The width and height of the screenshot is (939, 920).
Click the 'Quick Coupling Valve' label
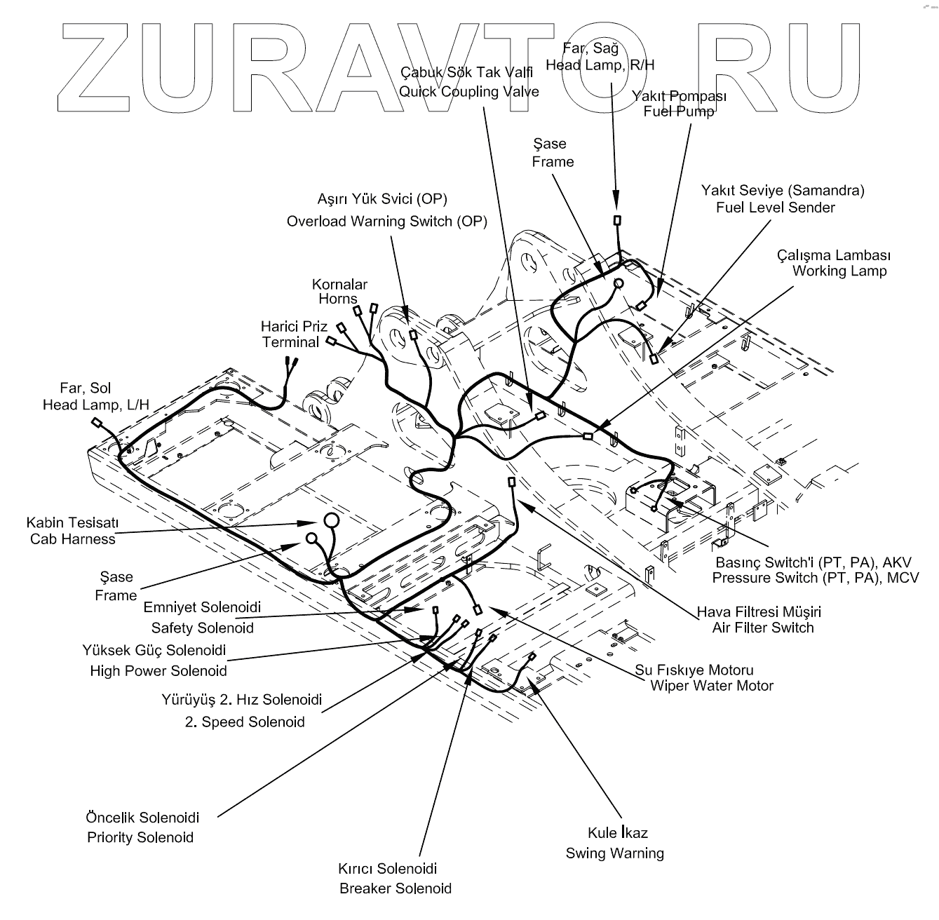[x=468, y=92]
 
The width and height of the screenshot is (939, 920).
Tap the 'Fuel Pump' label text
[x=679, y=111]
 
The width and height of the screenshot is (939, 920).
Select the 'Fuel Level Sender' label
[x=775, y=208]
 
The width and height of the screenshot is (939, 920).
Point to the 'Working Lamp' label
[x=839, y=271]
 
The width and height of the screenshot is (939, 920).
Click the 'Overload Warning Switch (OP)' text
[x=386, y=222]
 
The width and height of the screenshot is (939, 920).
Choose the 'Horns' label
[x=338, y=299]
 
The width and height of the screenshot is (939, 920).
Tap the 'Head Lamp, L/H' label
[x=96, y=405]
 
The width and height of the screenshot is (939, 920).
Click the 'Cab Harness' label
[x=72, y=539]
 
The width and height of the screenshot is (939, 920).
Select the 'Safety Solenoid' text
[x=202, y=628]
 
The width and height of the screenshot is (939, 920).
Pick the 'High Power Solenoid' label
[x=158, y=671]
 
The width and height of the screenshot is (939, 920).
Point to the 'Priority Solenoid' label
[x=140, y=837]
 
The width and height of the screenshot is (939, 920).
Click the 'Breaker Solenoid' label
[x=396, y=888]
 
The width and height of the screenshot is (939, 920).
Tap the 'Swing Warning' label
[x=615, y=853]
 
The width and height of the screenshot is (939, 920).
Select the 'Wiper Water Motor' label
[x=711, y=686]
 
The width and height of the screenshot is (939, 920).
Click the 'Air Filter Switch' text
[x=763, y=628]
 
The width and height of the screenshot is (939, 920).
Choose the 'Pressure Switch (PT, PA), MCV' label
[x=816, y=578]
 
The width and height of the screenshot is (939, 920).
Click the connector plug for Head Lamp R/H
[x=617, y=220]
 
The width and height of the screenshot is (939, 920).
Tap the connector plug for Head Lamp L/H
[x=97, y=423]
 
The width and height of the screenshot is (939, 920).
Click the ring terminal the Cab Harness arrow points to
[x=330, y=520]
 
